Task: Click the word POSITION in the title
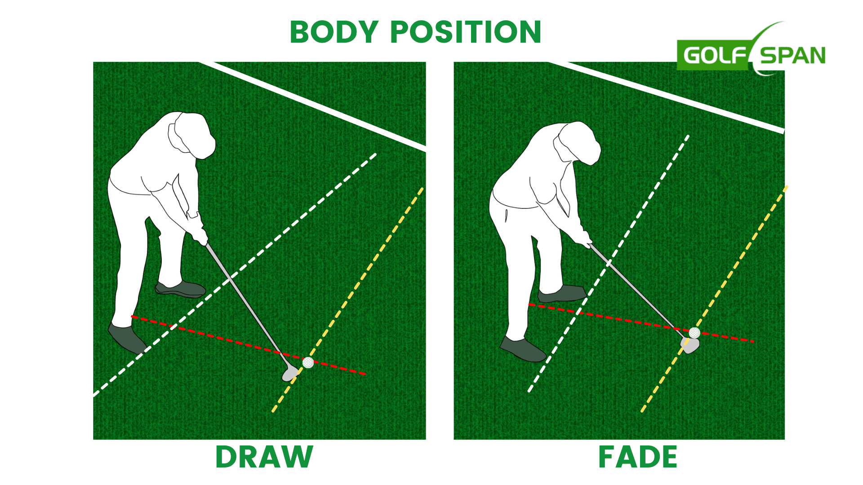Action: [x=466, y=32]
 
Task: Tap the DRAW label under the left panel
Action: [x=264, y=457]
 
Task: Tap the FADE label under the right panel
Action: [x=638, y=457]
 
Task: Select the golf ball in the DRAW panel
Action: [x=308, y=362]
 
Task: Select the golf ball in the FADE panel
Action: [x=694, y=333]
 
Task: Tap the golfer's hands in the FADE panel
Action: [x=584, y=238]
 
